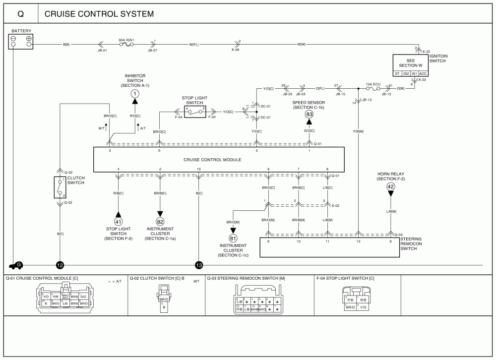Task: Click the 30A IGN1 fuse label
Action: (x=125, y=40)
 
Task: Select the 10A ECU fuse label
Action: (x=372, y=84)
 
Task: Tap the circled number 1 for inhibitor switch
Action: (x=135, y=93)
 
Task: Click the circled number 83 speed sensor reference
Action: (x=309, y=115)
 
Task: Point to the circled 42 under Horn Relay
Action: (x=390, y=186)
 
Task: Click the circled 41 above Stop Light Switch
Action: (x=118, y=222)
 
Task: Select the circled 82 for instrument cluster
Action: (x=160, y=222)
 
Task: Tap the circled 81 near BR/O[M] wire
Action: (x=233, y=238)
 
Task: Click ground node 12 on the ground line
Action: (x=60, y=265)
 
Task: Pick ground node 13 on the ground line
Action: (x=199, y=265)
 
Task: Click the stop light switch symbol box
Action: (x=194, y=112)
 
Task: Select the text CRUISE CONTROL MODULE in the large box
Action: (x=212, y=160)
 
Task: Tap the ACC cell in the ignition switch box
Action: (x=422, y=73)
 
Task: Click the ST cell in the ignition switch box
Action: (x=397, y=73)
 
